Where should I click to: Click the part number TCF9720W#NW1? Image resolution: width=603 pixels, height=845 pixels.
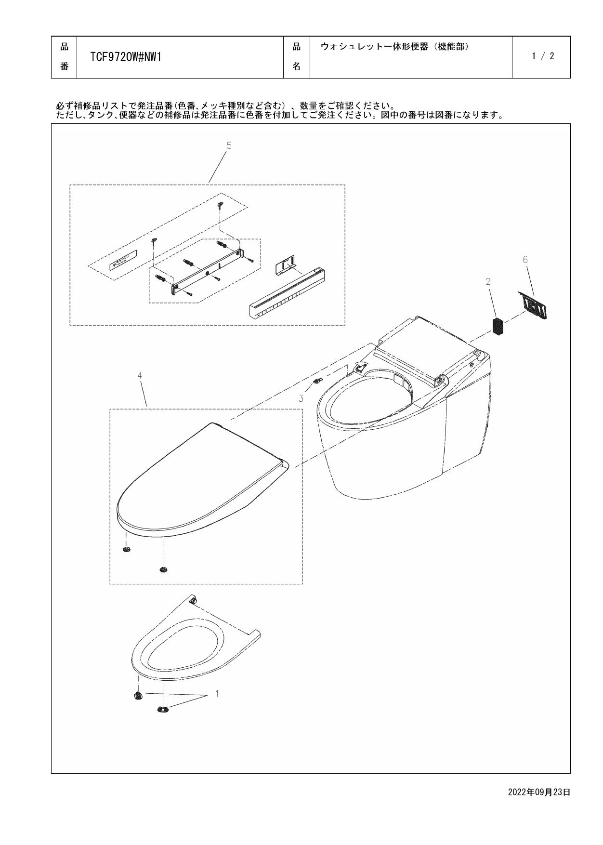point(125,57)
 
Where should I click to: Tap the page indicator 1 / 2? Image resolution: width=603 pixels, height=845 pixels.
point(543,56)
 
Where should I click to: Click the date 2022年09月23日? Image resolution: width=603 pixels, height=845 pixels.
point(539,792)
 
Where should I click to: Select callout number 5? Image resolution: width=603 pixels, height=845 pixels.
point(229,145)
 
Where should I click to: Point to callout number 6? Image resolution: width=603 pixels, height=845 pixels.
point(525,260)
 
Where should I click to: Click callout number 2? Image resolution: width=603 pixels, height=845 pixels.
point(488,282)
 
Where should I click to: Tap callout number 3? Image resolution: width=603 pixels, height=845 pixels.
point(301,398)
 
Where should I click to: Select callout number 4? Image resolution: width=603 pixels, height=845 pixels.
point(140,375)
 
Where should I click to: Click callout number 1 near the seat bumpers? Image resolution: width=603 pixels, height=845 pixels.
point(217,694)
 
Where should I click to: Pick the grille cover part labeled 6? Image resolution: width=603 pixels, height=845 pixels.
point(534,305)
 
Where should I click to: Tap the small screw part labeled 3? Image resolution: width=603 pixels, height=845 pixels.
point(317,381)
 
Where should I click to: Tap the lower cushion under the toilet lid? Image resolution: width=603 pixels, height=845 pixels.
point(163,570)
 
